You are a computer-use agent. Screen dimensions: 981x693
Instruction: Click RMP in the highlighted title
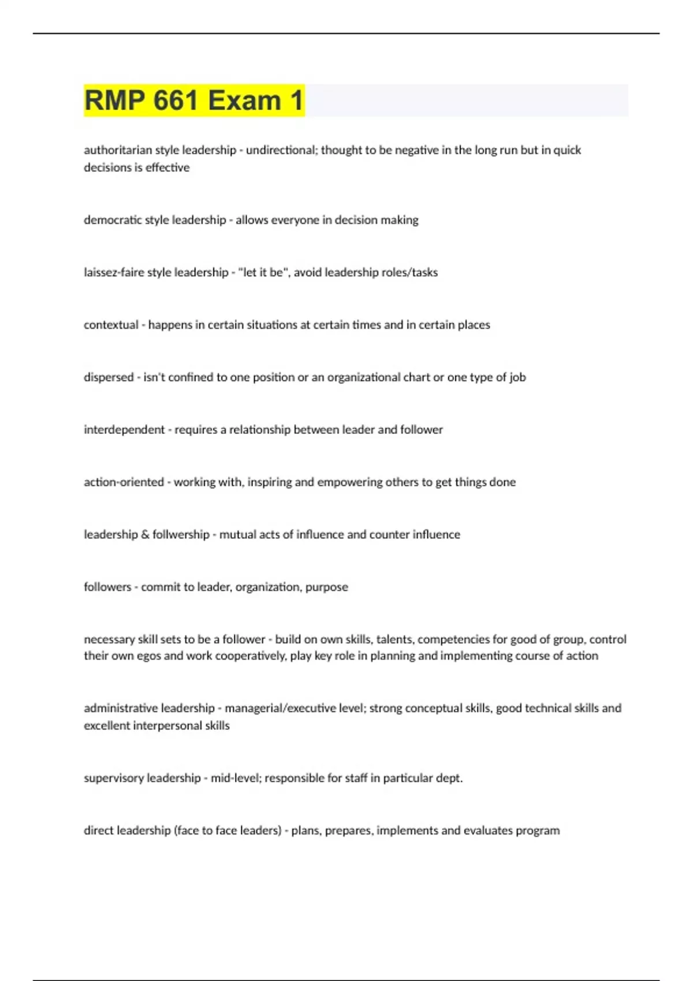point(114,100)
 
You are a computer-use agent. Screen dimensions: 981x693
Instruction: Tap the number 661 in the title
point(176,100)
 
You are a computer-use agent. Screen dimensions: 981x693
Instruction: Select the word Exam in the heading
point(244,100)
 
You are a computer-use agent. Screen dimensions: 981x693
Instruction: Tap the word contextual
point(111,325)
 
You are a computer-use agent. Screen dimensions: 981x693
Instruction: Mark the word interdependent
point(124,430)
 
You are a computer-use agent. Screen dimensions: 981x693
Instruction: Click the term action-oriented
point(124,482)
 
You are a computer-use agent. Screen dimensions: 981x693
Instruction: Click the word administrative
point(120,708)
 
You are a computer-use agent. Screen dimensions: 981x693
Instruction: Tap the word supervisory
point(113,778)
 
